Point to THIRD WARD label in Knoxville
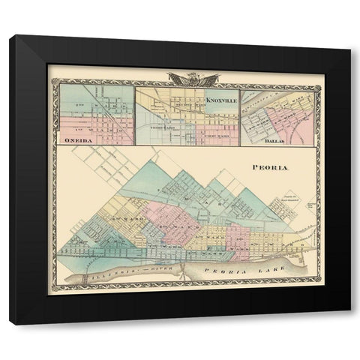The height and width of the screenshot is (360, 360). pyautogui.click(x=163, y=125)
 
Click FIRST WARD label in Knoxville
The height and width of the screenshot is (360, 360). pyautogui.click(x=211, y=127)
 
